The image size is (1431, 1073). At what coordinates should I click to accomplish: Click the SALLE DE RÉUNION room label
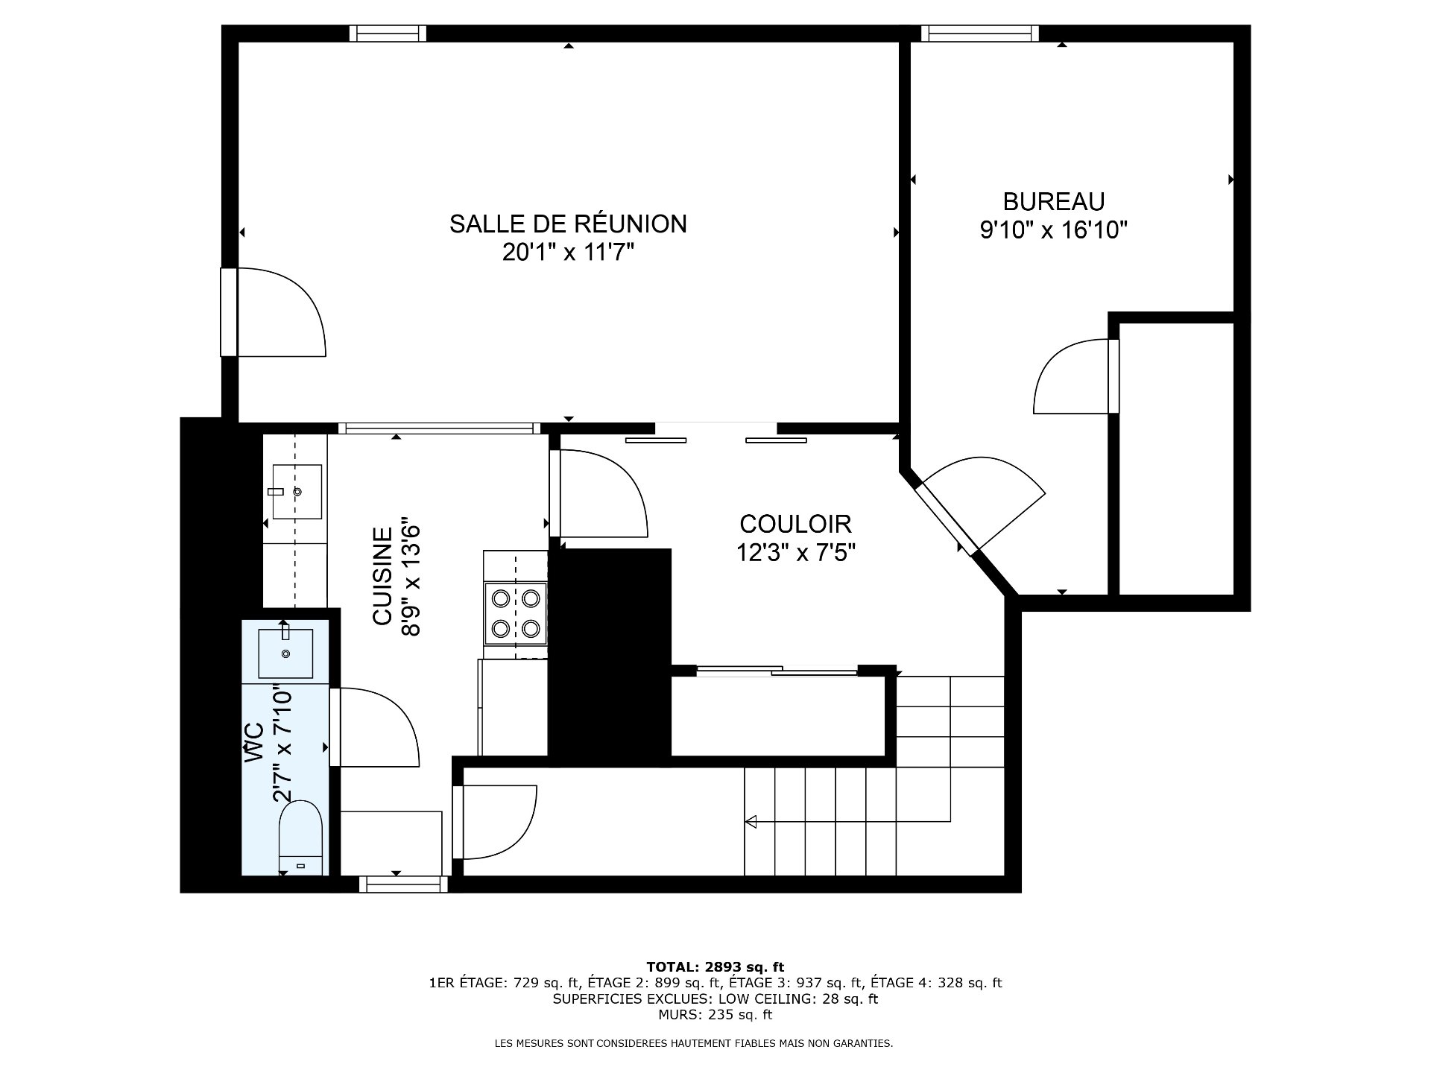pos(568,224)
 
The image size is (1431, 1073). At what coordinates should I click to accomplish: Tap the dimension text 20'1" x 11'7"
pos(568,253)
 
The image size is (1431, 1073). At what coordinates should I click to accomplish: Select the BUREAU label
pos(1053,201)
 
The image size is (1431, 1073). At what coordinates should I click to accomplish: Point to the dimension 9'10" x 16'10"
pos(1053,230)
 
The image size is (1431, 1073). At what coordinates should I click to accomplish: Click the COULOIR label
pos(795,524)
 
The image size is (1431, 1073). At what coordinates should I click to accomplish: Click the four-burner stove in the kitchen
pos(515,613)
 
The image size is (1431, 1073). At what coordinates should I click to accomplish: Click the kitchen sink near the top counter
pos(297,491)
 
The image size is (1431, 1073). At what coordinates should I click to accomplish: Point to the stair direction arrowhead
pos(751,821)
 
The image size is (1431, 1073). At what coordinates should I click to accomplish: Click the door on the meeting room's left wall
pos(276,313)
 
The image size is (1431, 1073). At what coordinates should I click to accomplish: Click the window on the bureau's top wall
pos(979,33)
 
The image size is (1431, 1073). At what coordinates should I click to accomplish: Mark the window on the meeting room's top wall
pos(388,34)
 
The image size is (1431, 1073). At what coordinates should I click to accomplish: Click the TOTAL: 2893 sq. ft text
pos(715,967)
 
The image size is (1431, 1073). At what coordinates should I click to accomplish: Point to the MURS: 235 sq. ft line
pos(715,1014)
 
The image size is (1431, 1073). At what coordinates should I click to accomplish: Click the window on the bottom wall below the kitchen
pos(403,884)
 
